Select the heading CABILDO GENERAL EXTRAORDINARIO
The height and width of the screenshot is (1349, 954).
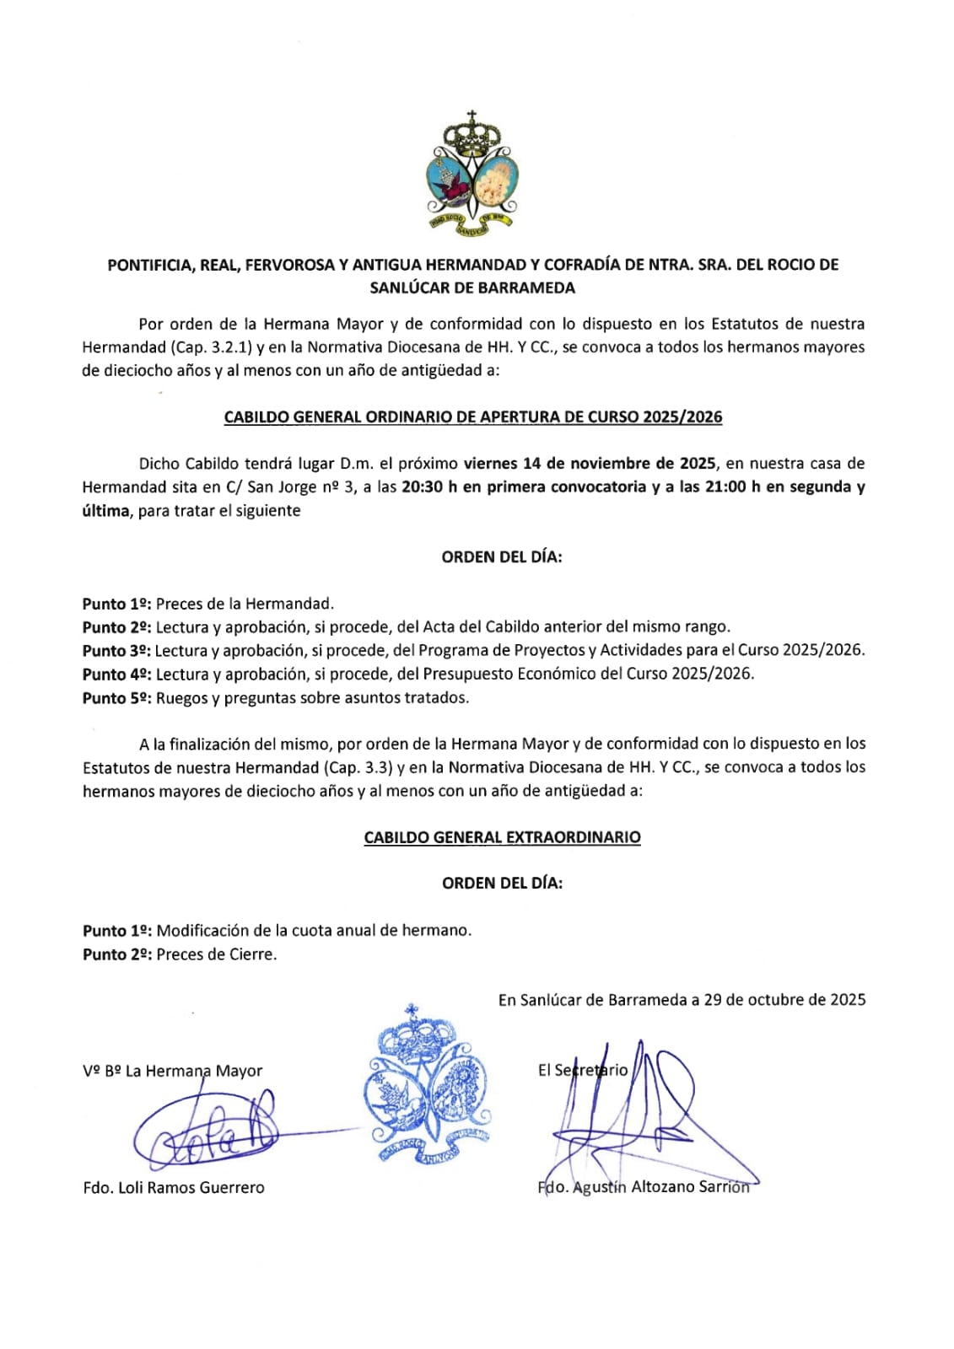[x=502, y=837]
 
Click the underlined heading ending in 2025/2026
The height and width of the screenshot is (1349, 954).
[x=472, y=417]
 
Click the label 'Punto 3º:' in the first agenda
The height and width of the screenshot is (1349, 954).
[x=116, y=650]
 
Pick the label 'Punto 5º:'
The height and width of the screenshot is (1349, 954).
[x=116, y=697]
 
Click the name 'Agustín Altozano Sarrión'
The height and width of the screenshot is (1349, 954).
[x=660, y=1186]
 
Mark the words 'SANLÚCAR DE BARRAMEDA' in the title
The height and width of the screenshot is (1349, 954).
[x=472, y=288]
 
